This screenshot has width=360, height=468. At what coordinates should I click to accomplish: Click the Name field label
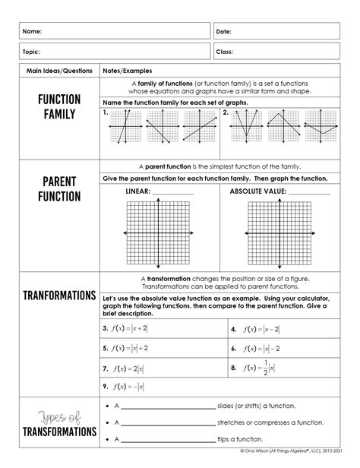pos(32,31)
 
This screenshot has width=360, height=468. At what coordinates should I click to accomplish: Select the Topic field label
pos(32,52)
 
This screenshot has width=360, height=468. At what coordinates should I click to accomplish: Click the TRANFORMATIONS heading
pos(59,295)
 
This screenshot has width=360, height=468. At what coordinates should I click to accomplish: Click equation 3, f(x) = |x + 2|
pos(129,328)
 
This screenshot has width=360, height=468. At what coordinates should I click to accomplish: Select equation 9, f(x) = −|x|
pos(127,387)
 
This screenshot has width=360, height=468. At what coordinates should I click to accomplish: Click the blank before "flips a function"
pos(169,439)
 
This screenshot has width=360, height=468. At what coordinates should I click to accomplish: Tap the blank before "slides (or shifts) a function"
pos(169,406)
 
